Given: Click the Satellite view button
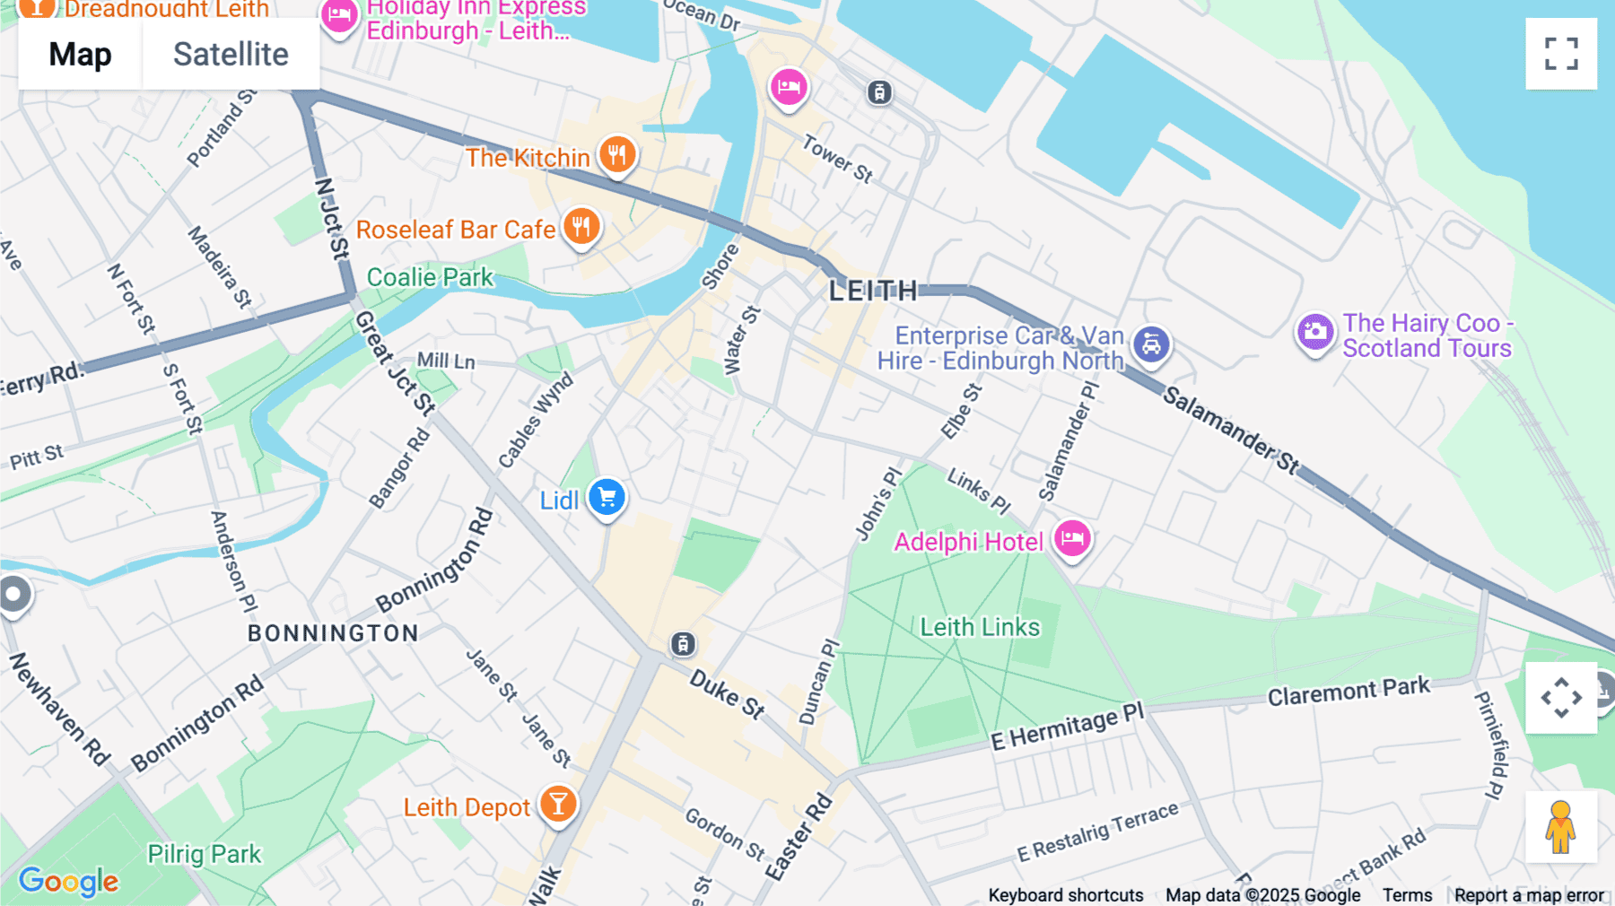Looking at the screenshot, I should click(x=231, y=55).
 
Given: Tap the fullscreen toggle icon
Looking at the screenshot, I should click(x=1561, y=54).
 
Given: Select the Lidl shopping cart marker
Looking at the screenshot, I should click(x=607, y=497).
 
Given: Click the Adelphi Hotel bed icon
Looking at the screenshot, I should click(x=1072, y=539).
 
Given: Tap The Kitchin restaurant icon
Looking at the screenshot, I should click(x=617, y=155).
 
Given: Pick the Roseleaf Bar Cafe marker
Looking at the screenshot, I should click(x=581, y=227).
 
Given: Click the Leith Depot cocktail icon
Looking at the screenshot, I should click(x=558, y=804).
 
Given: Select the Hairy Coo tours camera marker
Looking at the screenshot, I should click(x=1315, y=332).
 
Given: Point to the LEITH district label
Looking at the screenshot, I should click(x=873, y=291).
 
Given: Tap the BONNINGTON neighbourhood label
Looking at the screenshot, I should click(x=333, y=633).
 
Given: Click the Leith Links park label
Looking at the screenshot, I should click(x=980, y=627).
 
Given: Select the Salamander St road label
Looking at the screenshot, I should click(x=1231, y=430).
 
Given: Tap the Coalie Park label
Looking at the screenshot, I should click(x=430, y=277).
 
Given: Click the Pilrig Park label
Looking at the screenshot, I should click(x=205, y=854).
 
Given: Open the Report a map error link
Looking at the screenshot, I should click(x=1529, y=895).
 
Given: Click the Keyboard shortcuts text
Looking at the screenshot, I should click(x=1065, y=895).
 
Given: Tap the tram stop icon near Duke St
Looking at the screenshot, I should click(x=683, y=643).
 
